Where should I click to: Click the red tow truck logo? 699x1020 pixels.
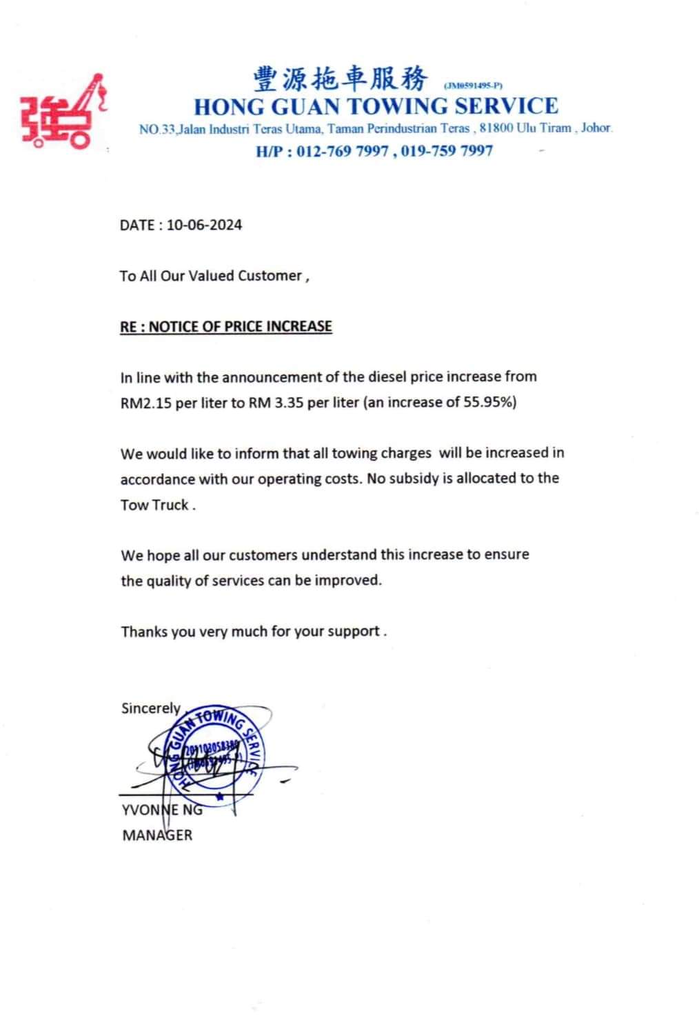[x=64, y=112]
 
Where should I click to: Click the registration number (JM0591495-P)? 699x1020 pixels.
[x=474, y=86]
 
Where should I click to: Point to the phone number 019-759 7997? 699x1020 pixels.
[x=447, y=151]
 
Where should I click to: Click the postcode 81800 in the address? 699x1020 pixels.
[x=496, y=128]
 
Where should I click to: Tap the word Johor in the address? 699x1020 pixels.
[x=596, y=128]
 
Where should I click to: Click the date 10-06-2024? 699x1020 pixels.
[x=204, y=225]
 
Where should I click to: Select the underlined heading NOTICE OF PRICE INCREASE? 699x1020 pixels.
[x=240, y=326]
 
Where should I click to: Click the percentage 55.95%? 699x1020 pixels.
[x=489, y=402]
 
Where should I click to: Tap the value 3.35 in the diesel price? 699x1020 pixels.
[x=290, y=403]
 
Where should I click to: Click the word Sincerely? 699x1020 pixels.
[x=150, y=708]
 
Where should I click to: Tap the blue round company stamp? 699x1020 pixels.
[x=214, y=753]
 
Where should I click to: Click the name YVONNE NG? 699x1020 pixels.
[x=162, y=810]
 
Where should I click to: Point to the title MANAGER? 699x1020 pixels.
[x=157, y=835]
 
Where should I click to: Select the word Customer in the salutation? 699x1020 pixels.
[x=270, y=276]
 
